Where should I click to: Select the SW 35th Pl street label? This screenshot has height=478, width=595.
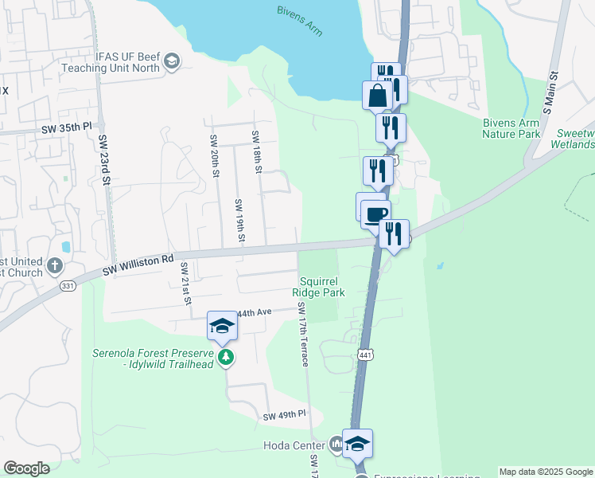[68, 127]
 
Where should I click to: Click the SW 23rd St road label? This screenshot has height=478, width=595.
[105, 159]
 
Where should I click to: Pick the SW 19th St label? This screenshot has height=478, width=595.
[239, 221]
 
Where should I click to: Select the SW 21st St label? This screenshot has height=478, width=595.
[185, 283]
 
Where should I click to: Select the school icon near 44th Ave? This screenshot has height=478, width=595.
[222, 326]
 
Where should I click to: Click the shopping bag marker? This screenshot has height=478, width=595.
[377, 96]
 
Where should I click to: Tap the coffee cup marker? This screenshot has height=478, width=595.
[375, 214]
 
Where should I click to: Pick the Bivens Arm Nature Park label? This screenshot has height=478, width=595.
[511, 128]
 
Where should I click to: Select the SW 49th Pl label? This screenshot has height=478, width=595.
[285, 415]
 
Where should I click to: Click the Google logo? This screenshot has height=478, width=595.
[26, 468]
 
